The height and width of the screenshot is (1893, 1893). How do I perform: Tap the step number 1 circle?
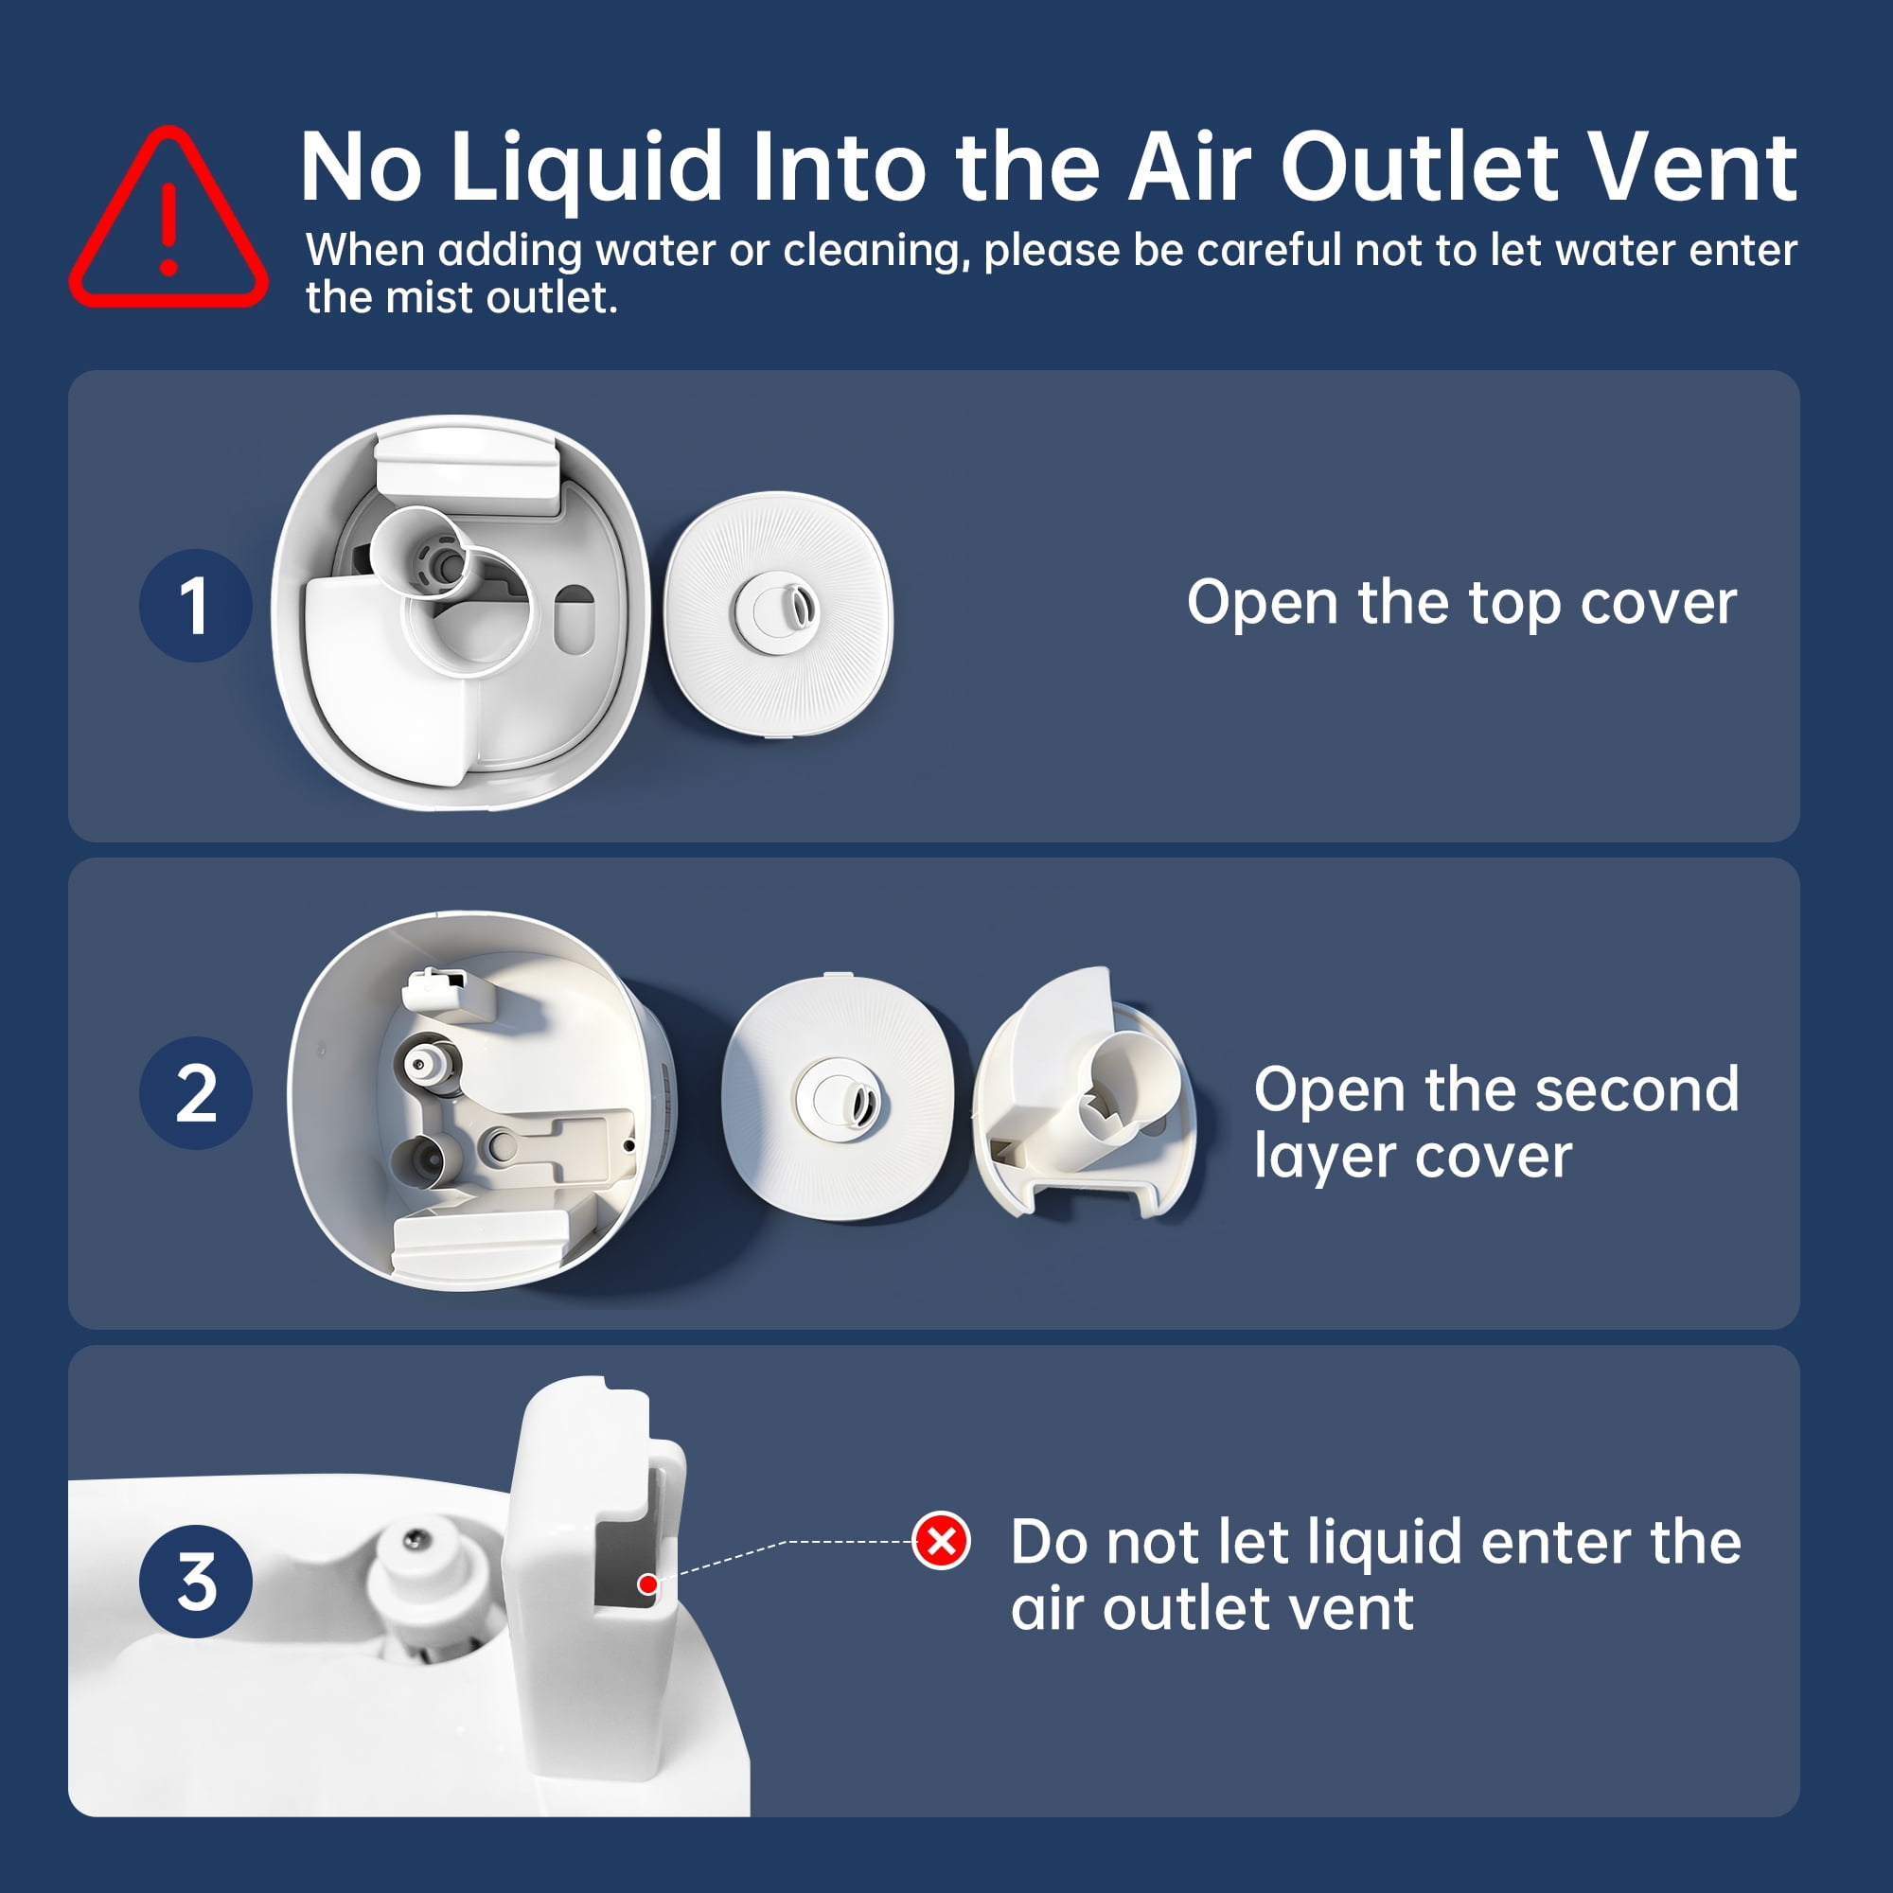click(x=196, y=606)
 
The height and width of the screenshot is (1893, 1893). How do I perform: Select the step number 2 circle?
click(x=196, y=1093)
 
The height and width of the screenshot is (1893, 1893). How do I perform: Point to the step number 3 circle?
click(x=196, y=1582)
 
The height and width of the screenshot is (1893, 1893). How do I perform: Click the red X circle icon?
click(x=942, y=1541)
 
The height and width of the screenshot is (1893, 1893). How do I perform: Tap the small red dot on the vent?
click(x=647, y=1584)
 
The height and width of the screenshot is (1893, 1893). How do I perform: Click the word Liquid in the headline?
click(x=587, y=168)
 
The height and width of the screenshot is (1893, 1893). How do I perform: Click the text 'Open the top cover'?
click(x=1462, y=604)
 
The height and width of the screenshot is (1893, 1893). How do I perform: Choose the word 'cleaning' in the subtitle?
click(x=876, y=252)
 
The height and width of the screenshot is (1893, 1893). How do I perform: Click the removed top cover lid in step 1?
click(x=779, y=610)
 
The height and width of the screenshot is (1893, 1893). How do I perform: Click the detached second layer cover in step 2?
click(x=1084, y=1093)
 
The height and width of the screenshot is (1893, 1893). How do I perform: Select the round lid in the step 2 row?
click(x=838, y=1097)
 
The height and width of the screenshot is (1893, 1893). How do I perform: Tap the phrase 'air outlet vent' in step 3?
click(x=1212, y=1610)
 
